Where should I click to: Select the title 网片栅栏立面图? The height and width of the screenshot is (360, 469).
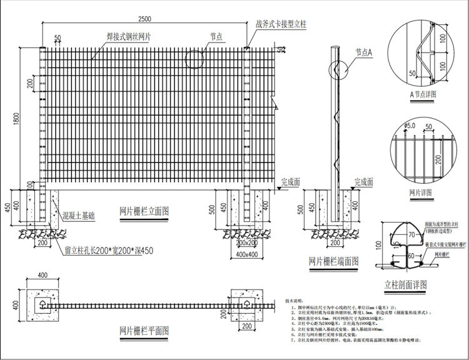(144, 212)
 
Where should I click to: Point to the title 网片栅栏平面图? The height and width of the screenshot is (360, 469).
(144, 331)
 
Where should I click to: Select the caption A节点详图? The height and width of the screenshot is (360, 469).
(422, 94)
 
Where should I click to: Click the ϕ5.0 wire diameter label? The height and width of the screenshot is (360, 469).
(410, 126)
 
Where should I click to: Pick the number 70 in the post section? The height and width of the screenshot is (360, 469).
(411, 235)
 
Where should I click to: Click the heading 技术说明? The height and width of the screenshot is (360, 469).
(297, 301)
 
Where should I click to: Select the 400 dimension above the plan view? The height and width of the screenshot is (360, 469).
(43, 276)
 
